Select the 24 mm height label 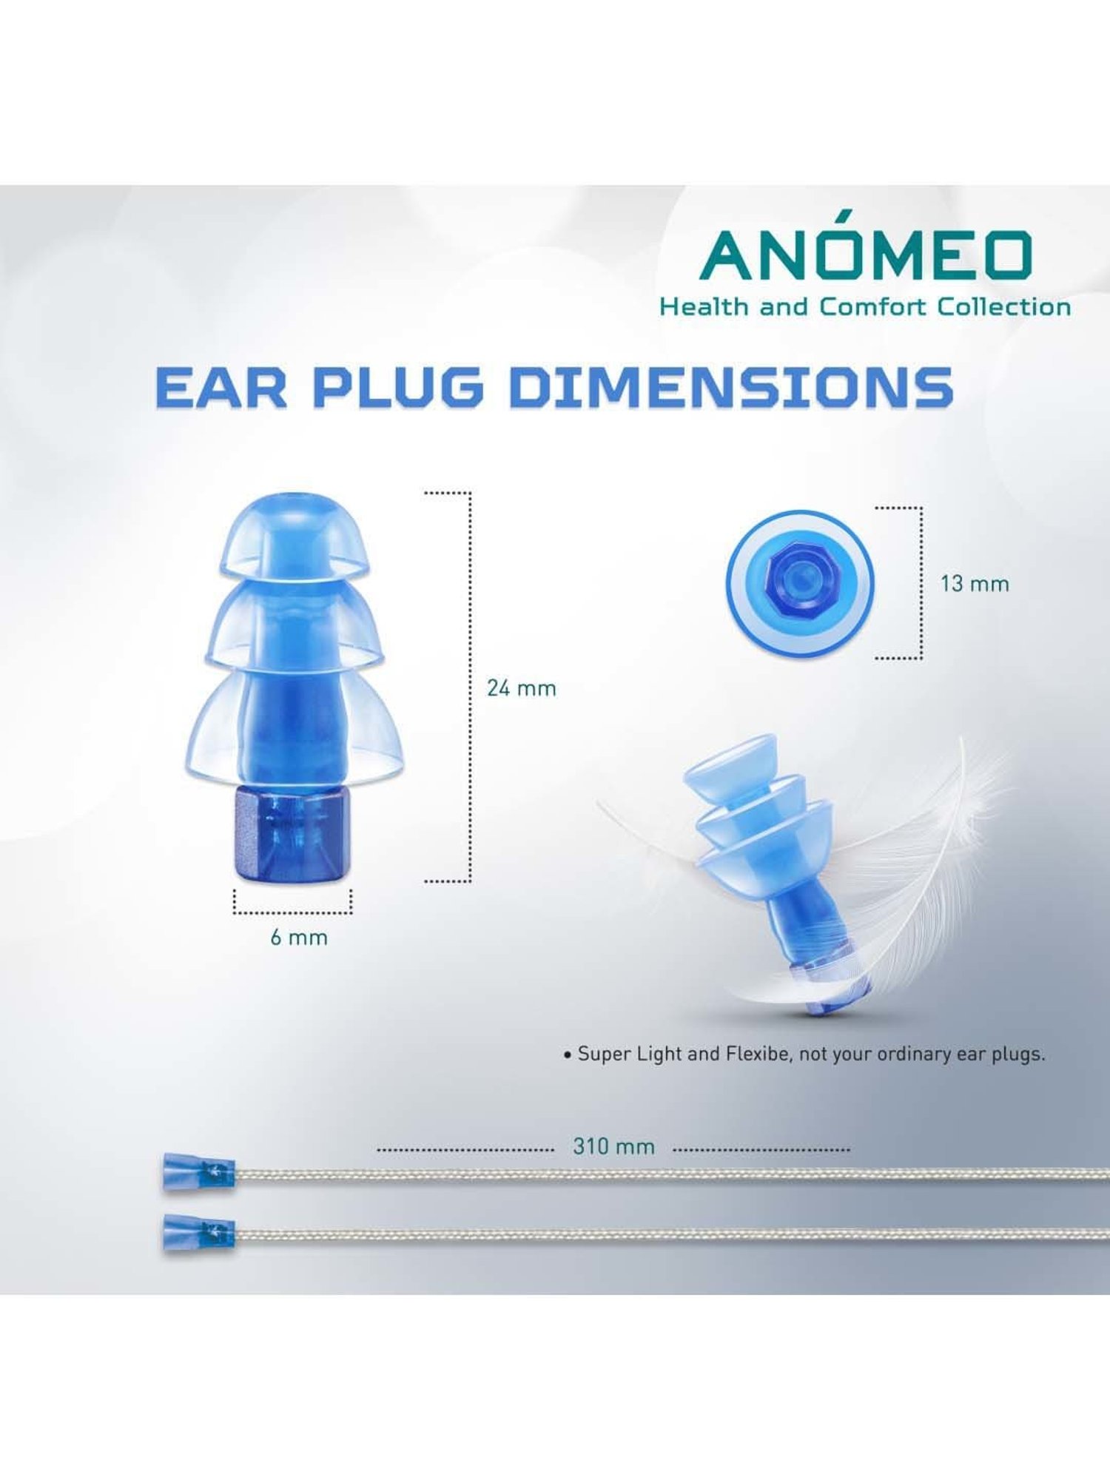click(521, 689)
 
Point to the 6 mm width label click(298, 938)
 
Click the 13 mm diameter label click(975, 584)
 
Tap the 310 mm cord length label click(613, 1147)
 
